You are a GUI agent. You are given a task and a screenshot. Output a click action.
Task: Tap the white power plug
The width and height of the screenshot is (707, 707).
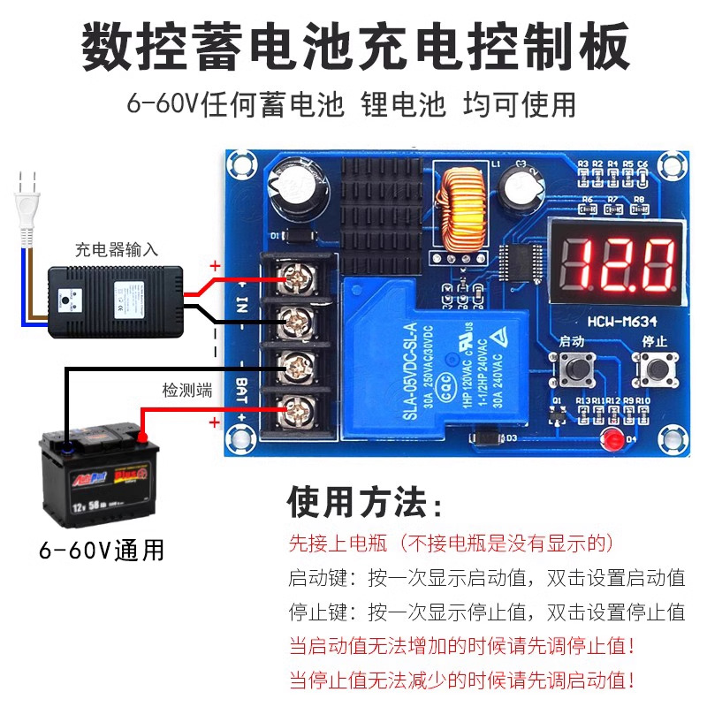pyautogui.click(x=23, y=212)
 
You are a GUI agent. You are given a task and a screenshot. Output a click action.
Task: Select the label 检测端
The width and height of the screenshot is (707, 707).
pyautogui.click(x=186, y=389)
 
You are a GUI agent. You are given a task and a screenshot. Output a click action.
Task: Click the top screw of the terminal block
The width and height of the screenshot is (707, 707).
pyautogui.click(x=293, y=278)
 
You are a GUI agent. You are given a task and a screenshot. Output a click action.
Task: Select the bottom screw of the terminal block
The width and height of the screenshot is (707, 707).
pyautogui.click(x=293, y=407)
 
